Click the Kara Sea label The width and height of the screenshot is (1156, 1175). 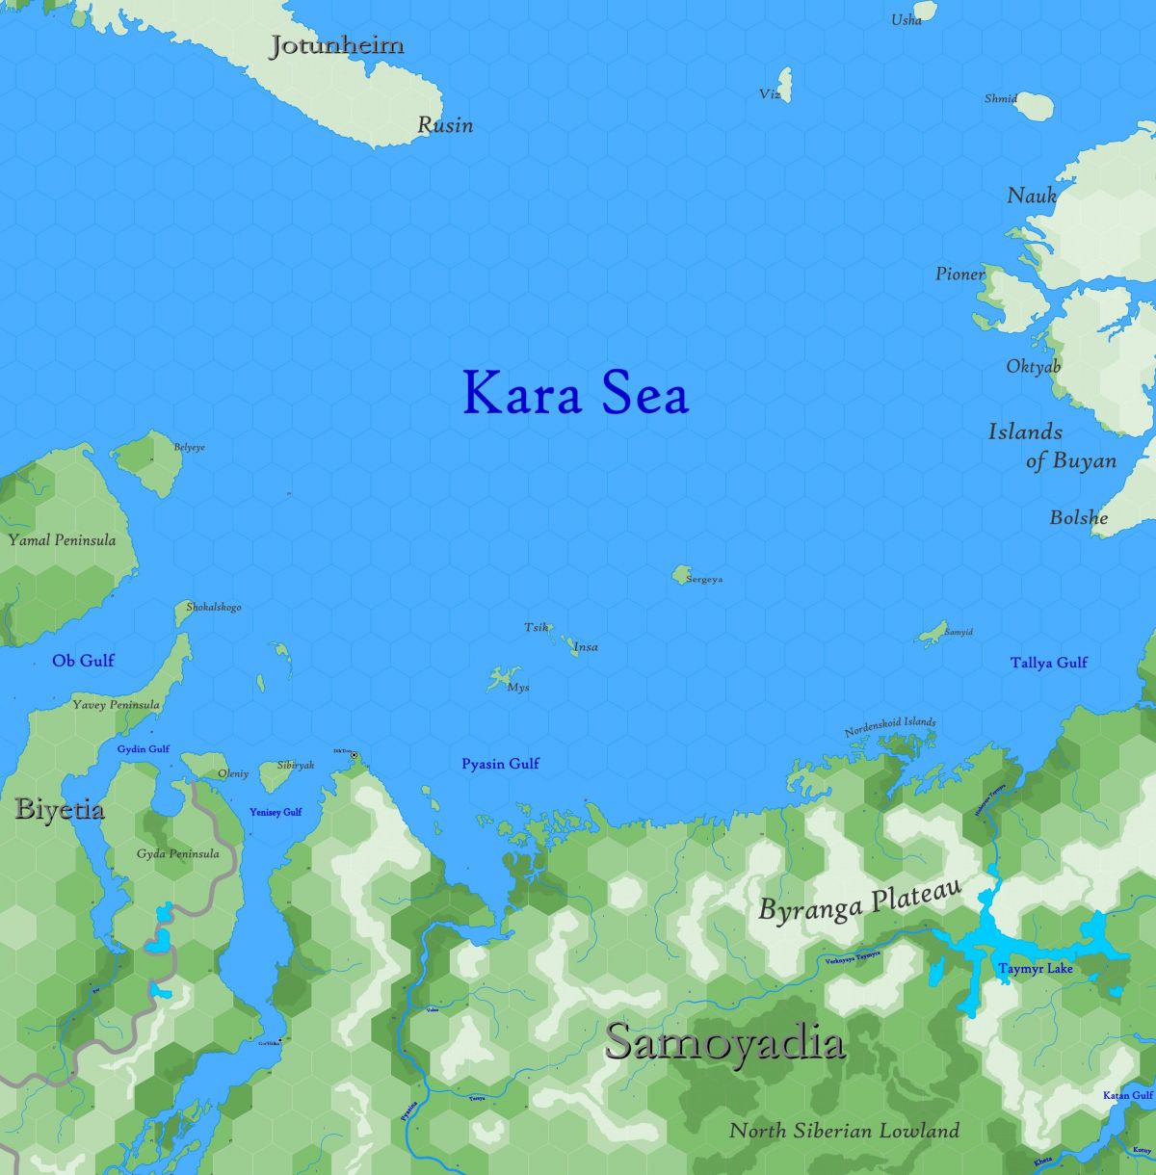click(575, 393)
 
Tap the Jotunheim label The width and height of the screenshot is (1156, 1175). click(336, 45)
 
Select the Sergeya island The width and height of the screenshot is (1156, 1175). click(682, 575)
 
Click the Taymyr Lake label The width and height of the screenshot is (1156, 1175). click(1035, 968)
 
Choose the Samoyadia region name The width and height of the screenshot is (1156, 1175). click(725, 1043)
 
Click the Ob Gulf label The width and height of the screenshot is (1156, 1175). click(83, 660)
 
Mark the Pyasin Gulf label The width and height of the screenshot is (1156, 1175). click(500, 764)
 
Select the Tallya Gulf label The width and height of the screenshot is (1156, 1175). click(1048, 663)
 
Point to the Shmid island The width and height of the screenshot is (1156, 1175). click(1033, 105)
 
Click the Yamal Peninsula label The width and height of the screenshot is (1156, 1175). click(62, 539)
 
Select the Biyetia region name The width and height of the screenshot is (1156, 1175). click(60, 809)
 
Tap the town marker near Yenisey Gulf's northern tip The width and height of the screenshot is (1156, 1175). click(354, 755)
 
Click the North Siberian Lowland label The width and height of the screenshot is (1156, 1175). click(844, 1131)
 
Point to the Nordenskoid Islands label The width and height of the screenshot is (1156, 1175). click(890, 726)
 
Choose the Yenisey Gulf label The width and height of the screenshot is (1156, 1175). click(276, 812)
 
